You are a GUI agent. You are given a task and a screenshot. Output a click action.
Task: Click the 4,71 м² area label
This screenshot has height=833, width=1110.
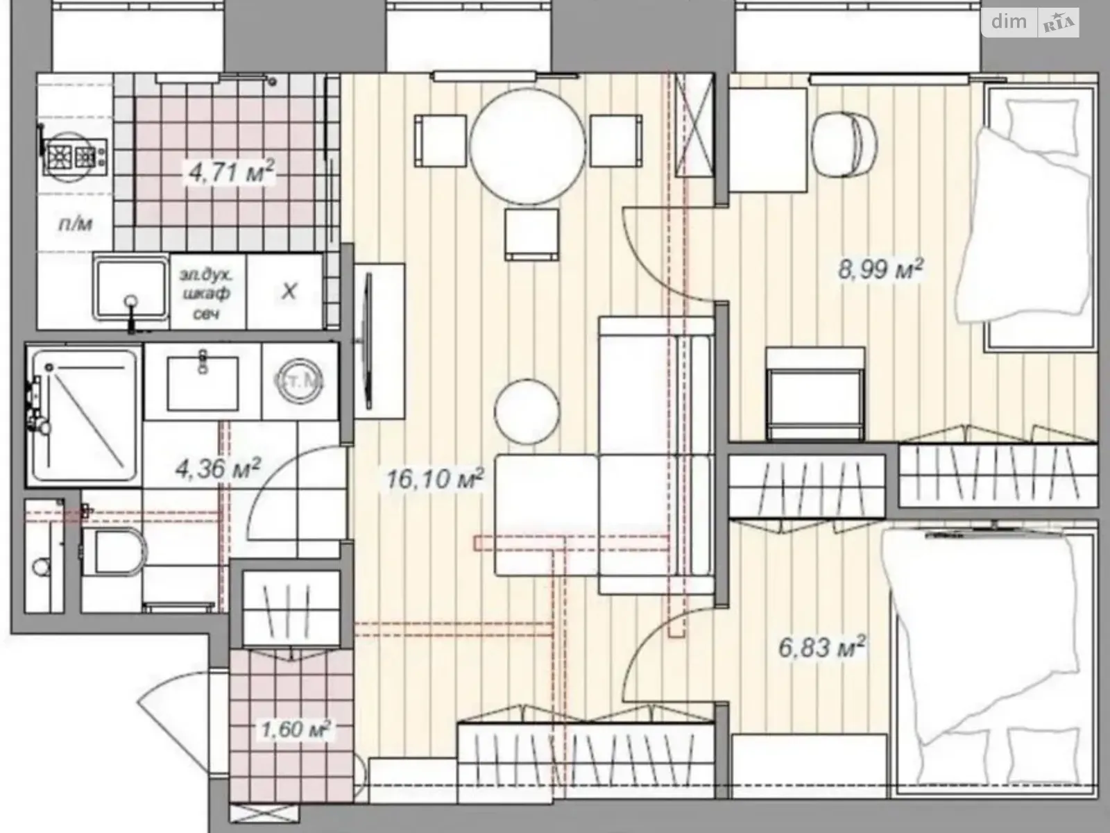232,171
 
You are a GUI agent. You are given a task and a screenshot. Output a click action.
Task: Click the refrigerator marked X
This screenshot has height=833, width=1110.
289,291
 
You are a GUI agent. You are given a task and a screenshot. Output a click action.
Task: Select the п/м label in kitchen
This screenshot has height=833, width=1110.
74,224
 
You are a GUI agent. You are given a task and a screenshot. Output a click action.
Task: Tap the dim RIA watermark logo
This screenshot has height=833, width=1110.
1034,23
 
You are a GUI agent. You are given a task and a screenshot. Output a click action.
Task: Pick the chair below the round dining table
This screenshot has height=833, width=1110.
532,234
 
